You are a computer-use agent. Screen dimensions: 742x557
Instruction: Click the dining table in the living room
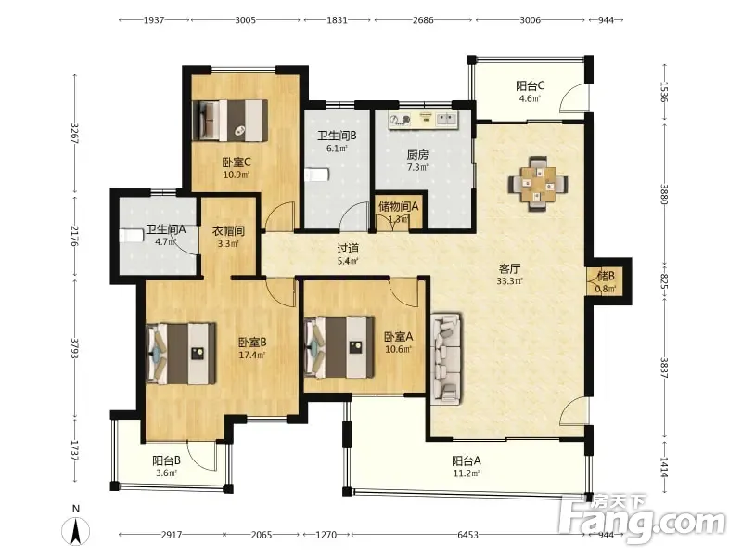point(538,183)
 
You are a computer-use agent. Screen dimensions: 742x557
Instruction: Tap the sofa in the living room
point(446,358)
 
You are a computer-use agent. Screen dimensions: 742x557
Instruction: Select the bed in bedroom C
point(230,121)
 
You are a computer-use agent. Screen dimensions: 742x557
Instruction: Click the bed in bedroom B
point(181,354)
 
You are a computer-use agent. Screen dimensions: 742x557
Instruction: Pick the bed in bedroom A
point(339,347)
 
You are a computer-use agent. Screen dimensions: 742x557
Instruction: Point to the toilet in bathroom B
point(316,175)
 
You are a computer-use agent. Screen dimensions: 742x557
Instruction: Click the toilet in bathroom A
point(131,236)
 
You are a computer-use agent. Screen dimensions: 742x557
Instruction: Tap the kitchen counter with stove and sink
point(424,120)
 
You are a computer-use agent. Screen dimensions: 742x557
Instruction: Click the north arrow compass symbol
point(76,530)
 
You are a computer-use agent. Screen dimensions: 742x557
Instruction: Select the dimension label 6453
point(467,535)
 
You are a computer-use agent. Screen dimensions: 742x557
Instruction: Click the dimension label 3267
point(75,134)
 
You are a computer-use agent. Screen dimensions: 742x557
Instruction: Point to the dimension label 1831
point(337,19)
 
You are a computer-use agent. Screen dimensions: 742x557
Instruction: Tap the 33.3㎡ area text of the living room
point(509,281)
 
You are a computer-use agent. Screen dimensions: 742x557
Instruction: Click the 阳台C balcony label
point(530,85)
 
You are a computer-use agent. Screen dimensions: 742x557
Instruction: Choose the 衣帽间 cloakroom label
point(228,231)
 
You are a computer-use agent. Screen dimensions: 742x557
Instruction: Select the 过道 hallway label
point(348,248)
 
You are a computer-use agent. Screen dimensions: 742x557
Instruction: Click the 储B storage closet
point(606,281)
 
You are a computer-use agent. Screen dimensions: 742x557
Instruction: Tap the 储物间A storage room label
point(399,206)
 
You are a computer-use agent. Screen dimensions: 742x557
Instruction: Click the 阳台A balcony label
point(467,460)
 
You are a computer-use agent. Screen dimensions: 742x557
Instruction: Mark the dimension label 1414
point(664,467)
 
